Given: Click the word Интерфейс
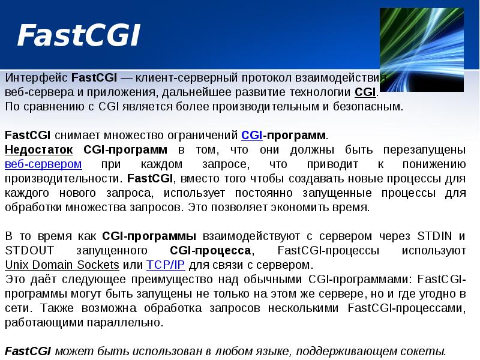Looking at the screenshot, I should pyautogui.click(x=36, y=79).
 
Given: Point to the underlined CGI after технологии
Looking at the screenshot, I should pyautogui.click(x=365, y=93).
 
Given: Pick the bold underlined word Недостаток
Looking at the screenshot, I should pyautogui.click(x=39, y=149).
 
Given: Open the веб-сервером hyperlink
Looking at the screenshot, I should pyautogui.click(x=43, y=164).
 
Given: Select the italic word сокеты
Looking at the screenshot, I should pyautogui.click(x=422, y=351).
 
